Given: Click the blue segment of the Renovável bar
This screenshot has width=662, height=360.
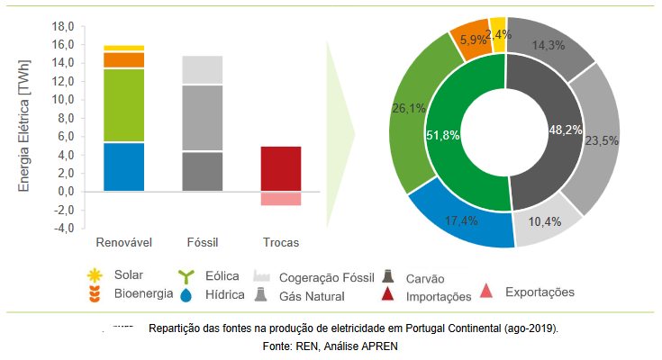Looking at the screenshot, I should (123, 166).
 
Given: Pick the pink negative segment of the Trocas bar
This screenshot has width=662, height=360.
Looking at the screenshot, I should (280, 199).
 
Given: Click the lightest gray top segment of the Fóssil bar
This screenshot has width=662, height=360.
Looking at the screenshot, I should (202, 70).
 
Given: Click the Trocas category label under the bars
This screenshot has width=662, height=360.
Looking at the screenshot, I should (280, 243).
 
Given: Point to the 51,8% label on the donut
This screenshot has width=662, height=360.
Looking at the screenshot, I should (442, 135).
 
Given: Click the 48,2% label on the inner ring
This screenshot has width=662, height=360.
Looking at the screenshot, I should (566, 130).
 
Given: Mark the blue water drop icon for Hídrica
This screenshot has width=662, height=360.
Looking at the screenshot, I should (187, 293).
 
